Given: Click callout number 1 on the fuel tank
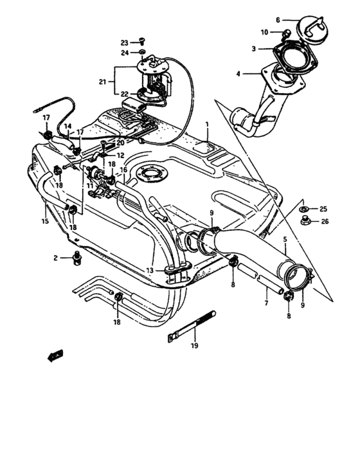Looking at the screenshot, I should (207, 123).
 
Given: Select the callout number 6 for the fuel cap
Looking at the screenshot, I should (278, 20).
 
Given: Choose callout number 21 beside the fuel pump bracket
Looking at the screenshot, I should (102, 82).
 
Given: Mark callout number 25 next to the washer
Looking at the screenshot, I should (323, 209).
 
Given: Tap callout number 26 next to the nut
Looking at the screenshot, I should (323, 222).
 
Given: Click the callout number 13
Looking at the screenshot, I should (149, 271).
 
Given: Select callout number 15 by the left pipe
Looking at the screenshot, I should (45, 222).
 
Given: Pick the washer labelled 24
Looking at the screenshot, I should (143, 52).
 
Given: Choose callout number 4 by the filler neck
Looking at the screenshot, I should (238, 75).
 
